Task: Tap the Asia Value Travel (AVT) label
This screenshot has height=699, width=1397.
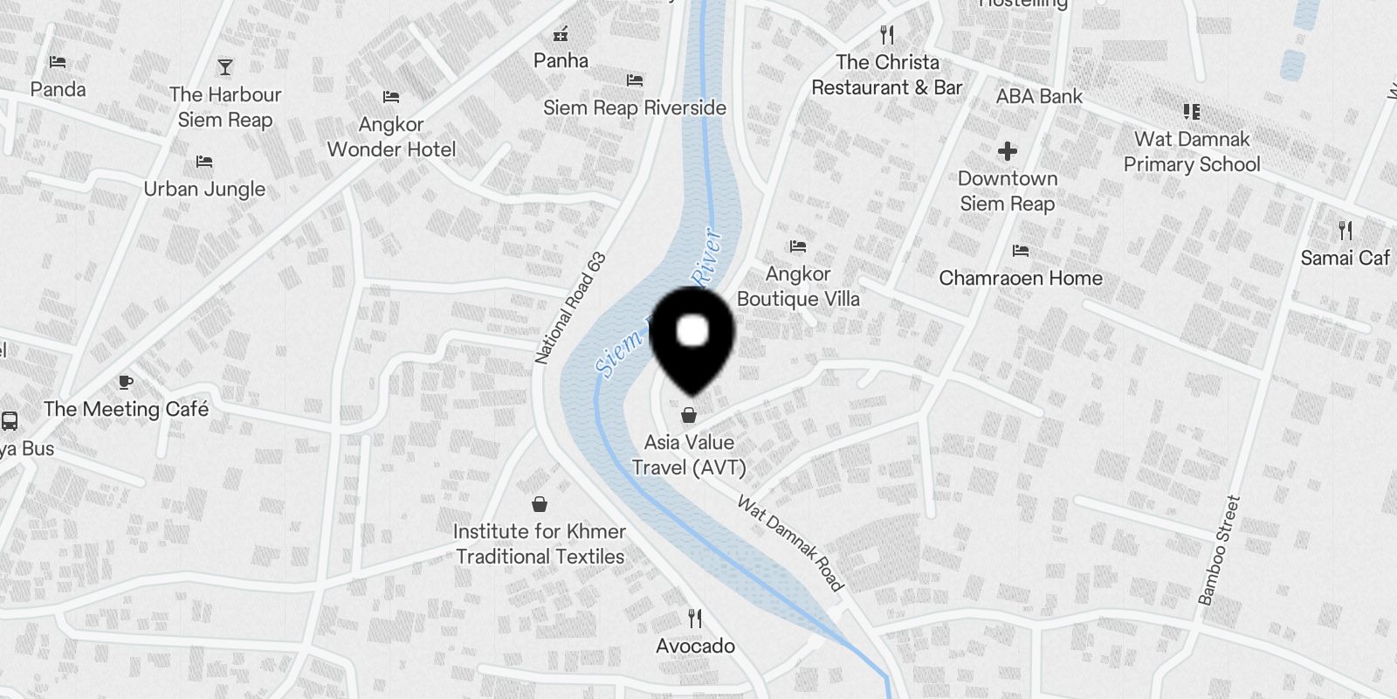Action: point(689,455)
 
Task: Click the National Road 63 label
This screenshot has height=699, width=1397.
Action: point(570,308)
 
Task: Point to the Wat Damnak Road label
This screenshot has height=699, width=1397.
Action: point(791,543)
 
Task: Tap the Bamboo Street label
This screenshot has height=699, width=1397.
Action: point(1219,550)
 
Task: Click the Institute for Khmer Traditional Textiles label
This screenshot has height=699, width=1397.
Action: point(540,543)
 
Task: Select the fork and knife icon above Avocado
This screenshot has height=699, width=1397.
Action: point(695,619)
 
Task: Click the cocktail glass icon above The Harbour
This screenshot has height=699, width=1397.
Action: point(225,67)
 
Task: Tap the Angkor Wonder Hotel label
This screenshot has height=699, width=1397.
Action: point(391,137)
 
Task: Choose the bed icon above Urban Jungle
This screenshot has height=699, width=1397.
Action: point(204,162)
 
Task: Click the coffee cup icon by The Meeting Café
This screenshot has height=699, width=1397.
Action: point(126,382)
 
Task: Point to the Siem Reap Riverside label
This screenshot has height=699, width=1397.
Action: point(635,107)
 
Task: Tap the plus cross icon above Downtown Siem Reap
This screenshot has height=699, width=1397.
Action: point(1008,151)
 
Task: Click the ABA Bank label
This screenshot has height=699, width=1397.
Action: point(1039,96)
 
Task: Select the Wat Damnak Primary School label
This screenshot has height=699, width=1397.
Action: point(1192,151)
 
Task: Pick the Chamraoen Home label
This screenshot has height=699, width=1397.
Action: point(1021,278)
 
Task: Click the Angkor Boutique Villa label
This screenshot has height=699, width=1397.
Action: point(798,287)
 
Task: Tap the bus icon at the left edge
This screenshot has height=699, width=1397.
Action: point(10,422)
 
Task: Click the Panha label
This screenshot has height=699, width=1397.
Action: point(561,60)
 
